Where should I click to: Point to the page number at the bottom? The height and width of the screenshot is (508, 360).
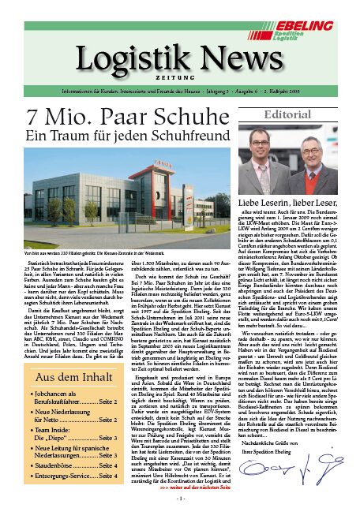pos(180,499)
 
